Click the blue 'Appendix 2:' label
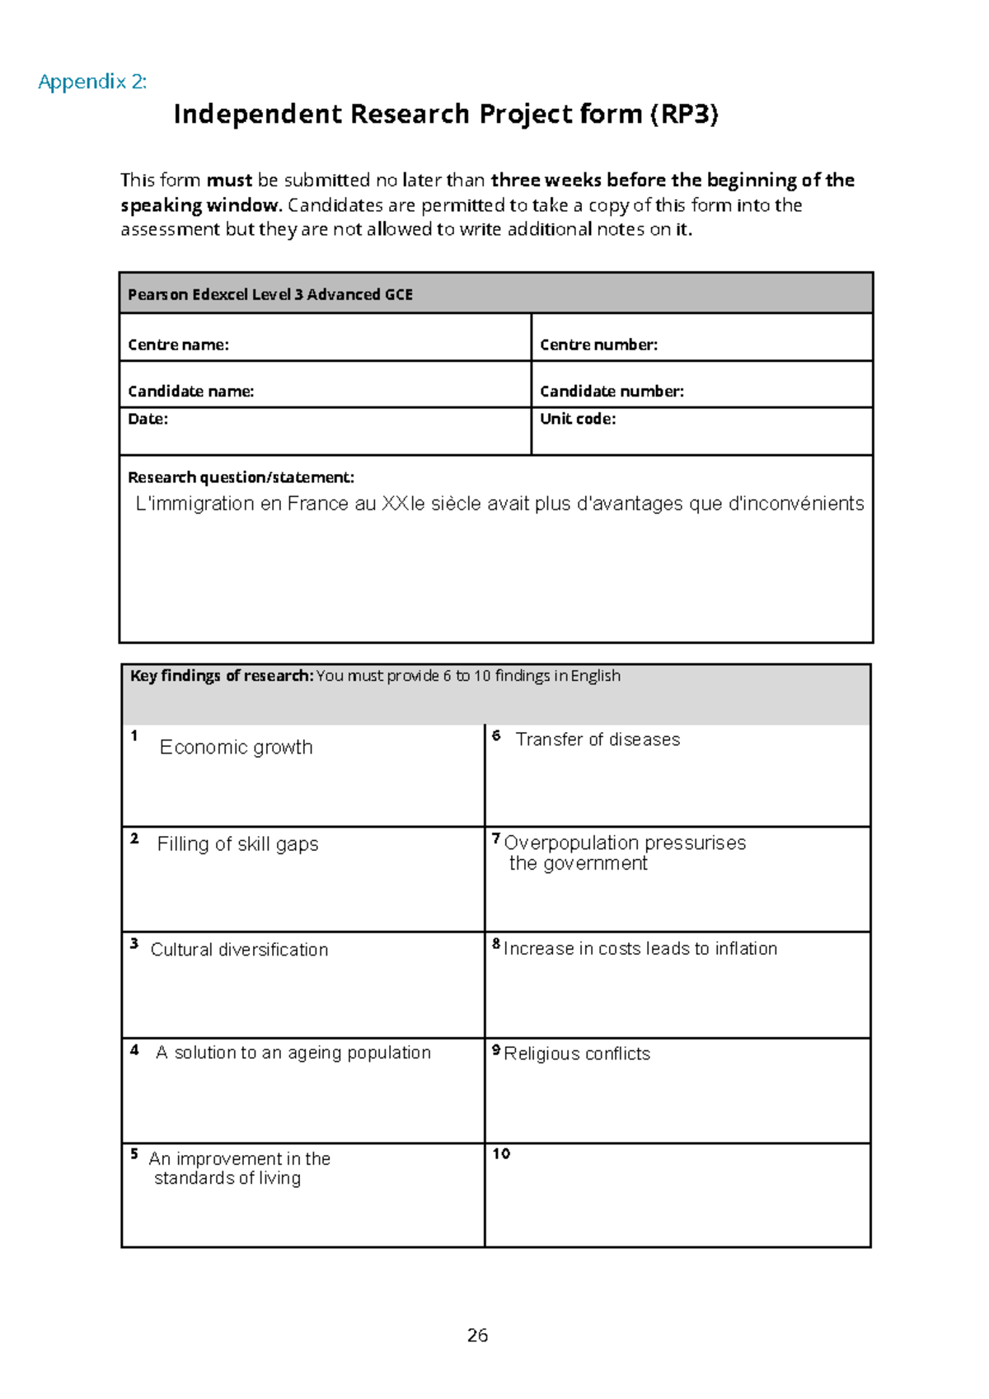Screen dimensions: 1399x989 (92, 82)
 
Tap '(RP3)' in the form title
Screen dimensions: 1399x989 (683, 114)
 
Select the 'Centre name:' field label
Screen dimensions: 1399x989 (178, 345)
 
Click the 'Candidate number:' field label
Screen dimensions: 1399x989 (612, 392)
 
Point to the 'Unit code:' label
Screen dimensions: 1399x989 (578, 419)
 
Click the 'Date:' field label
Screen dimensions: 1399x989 (148, 419)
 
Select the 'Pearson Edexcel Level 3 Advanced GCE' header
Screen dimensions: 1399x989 (270, 294)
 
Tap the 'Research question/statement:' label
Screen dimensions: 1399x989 (241, 477)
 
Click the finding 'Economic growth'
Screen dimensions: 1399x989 (236, 748)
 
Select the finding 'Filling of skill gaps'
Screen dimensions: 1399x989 (237, 844)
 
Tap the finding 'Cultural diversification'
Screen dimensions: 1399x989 (239, 950)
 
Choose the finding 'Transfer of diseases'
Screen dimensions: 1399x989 (598, 740)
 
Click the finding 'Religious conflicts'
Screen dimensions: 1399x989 (577, 1054)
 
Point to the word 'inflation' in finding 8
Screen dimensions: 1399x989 (746, 949)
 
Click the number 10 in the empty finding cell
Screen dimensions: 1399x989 (501, 1154)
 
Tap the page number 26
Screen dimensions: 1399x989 (477, 1336)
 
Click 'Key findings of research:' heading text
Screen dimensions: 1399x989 (222, 676)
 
